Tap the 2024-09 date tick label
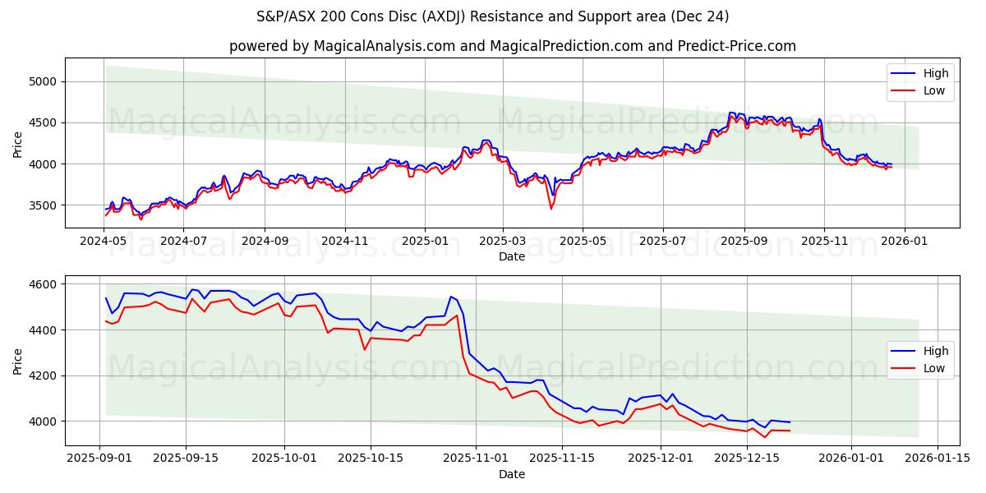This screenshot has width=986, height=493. [265, 242]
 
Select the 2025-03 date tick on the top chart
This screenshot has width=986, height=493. [502, 242]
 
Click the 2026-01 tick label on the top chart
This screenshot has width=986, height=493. [904, 242]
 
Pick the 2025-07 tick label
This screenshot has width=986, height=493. [662, 242]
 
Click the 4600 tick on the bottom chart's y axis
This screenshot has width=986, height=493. [43, 284]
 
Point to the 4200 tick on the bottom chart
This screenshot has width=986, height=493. [43, 376]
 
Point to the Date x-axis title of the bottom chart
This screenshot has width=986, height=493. [512, 474]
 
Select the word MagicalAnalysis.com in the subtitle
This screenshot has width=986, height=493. [385, 46]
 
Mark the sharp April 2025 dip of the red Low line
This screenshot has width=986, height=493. [551, 208]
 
